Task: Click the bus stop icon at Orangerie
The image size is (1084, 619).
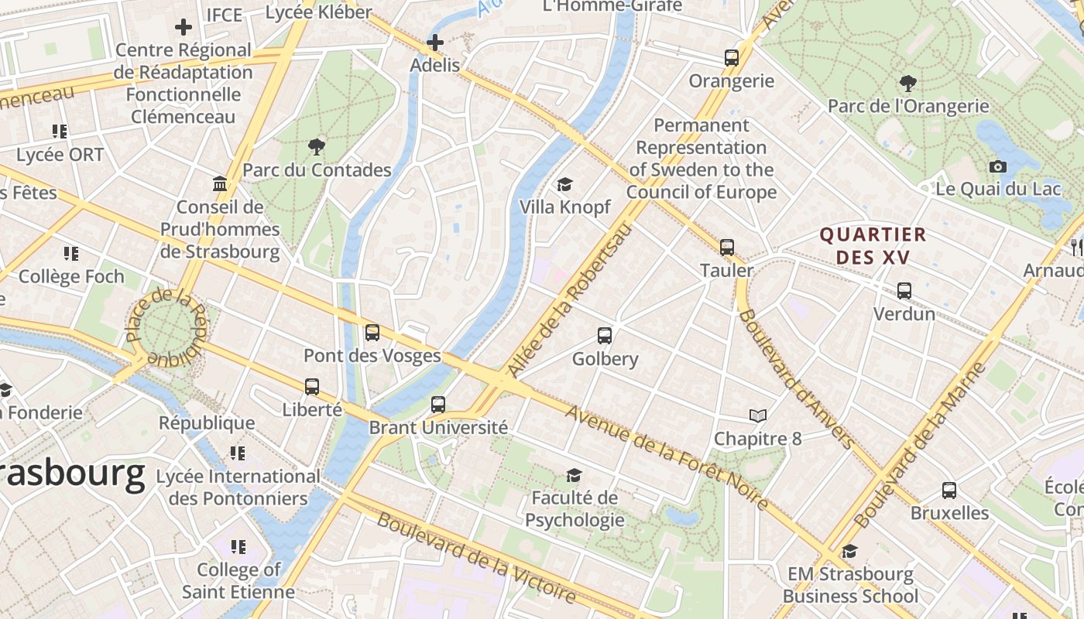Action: pos(731,58)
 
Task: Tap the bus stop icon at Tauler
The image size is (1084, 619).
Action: pos(726,248)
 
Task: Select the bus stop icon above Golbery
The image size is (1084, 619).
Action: pos(605,336)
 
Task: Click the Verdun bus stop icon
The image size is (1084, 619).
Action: pos(904,291)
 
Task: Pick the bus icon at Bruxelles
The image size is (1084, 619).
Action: pos(948,491)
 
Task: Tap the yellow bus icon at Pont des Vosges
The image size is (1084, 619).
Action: pos(372,333)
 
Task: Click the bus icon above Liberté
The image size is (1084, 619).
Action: pos(312,387)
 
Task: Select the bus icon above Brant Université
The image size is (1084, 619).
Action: pos(437,405)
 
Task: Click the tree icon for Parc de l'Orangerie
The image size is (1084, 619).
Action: pos(908,83)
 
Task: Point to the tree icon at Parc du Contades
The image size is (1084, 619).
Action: pos(316,146)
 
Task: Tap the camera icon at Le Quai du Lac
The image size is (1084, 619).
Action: pos(997,166)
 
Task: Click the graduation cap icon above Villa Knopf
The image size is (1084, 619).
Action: pos(564,185)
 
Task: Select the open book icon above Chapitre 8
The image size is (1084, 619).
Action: pos(757,416)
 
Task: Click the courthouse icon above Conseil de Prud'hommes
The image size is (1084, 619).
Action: pos(219,184)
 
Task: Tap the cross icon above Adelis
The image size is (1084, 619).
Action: pos(434,43)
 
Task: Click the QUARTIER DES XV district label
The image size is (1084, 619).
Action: pos(873,245)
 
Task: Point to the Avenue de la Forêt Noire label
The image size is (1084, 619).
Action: pos(667,457)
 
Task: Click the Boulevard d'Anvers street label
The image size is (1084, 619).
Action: pos(795,379)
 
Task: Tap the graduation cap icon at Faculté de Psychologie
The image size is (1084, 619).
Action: pos(574,475)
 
